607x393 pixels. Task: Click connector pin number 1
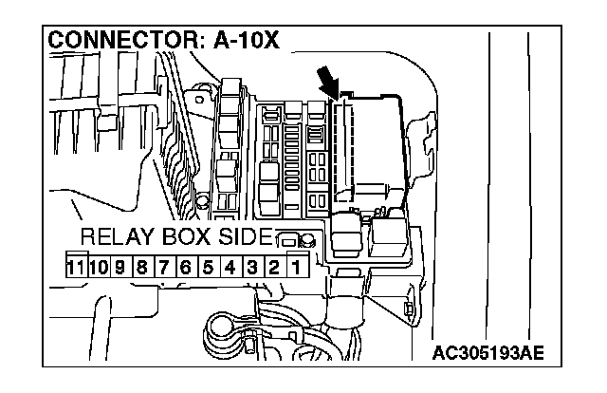[295, 268]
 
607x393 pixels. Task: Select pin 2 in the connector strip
[273, 268]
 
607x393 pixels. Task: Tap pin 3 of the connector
[252, 268]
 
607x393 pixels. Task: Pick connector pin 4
[230, 268]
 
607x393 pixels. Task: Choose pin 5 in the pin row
[209, 268]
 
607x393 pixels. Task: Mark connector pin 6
[187, 268]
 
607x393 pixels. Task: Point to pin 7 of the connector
[165, 268]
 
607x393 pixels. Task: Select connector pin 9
[121, 268]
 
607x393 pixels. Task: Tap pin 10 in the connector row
[99, 268]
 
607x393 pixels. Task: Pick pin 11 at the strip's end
[77, 268]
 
